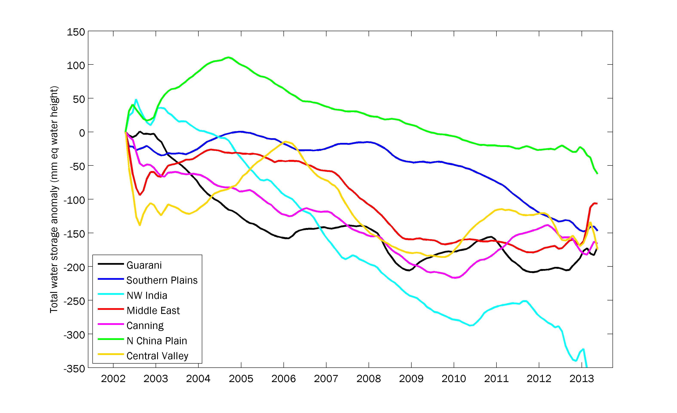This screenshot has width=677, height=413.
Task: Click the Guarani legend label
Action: coord(144,265)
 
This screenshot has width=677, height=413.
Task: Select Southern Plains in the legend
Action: coord(162,280)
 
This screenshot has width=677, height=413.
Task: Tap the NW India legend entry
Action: coord(147,295)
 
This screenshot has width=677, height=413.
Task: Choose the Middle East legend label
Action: coord(153,311)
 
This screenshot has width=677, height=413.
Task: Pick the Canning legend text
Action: coord(145,326)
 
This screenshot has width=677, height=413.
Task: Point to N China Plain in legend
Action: coord(157,341)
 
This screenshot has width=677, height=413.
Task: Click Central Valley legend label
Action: coord(157,356)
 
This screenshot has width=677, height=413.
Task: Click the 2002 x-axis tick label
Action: coord(113,379)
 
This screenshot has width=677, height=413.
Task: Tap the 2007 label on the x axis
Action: coord(326,379)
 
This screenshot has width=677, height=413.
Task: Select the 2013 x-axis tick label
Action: coord(581,379)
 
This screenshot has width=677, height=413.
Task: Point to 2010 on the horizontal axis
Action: coord(454,379)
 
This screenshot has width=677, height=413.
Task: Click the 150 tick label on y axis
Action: coord(76,32)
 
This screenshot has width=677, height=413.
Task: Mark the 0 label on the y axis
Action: coord(82,133)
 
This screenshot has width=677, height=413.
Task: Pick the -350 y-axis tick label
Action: coord(74,369)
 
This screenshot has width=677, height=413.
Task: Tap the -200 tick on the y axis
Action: coord(74,267)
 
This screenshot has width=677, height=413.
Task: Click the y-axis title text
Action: coord(54,199)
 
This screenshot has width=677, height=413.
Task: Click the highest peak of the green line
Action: coord(228,57)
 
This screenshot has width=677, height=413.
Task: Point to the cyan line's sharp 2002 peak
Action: coord(136,100)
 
